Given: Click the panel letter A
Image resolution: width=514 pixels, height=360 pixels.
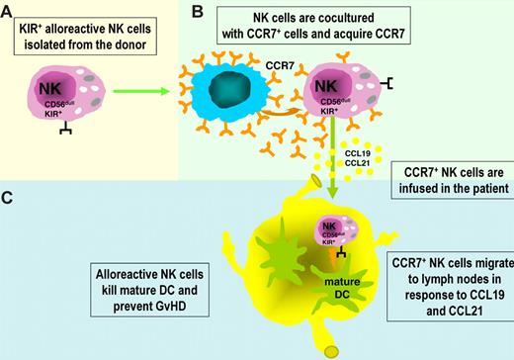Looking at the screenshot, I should tap(9, 10).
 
